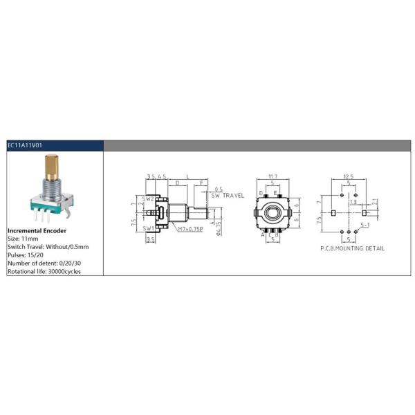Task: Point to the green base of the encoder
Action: click(48, 205)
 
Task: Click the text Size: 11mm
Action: click(24, 238)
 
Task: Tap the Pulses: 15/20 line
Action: click(25, 255)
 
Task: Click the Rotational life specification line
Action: click(44, 271)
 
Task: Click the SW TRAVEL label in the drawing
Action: click(228, 196)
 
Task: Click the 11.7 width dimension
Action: click(273, 177)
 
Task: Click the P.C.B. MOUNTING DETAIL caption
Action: click(352, 248)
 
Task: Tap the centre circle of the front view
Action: click(273, 208)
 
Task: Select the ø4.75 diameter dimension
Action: click(219, 228)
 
